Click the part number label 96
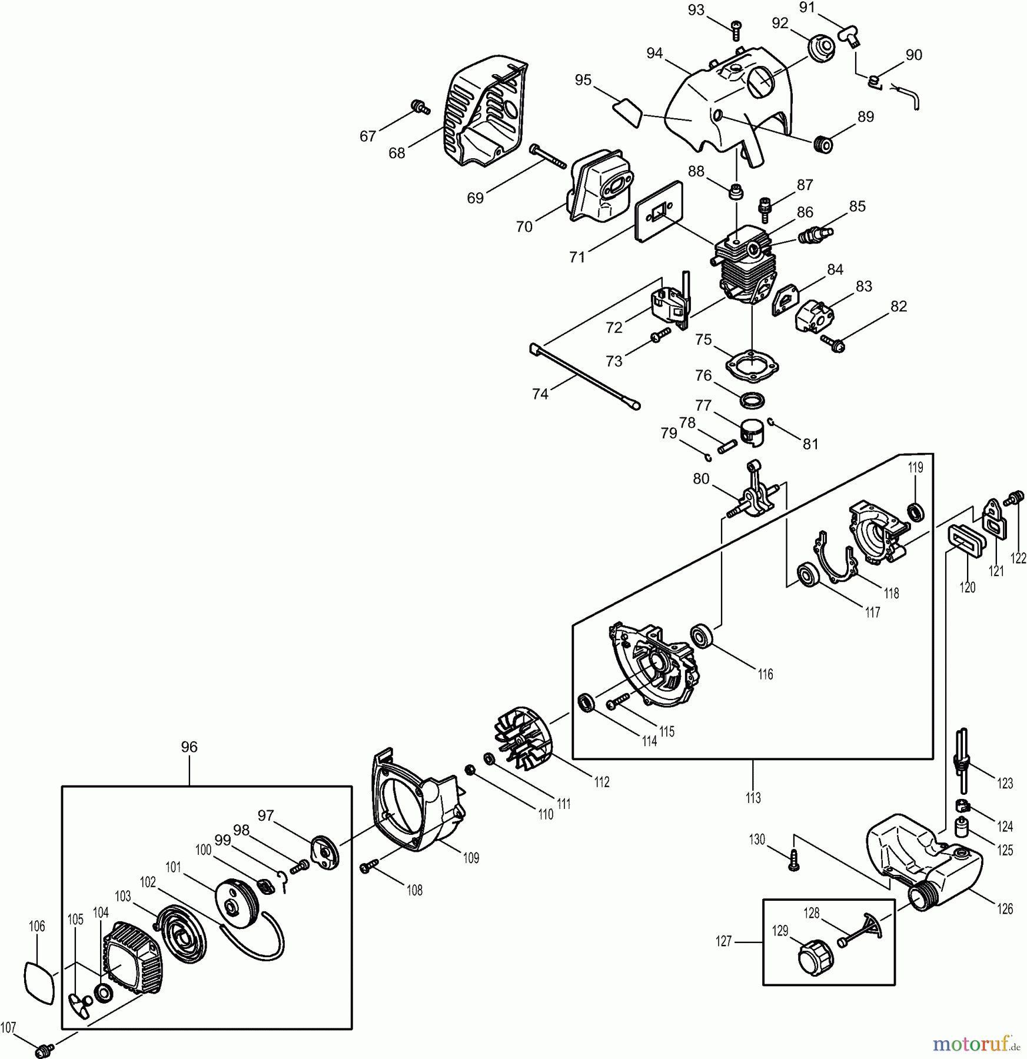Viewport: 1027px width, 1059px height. click(189, 747)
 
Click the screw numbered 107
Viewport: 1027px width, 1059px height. click(45, 1048)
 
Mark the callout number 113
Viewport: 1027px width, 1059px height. click(753, 797)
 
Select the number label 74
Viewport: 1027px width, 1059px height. click(540, 394)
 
